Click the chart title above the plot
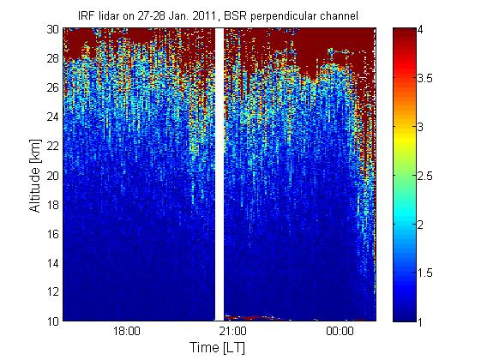click(218, 16)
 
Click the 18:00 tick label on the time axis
click(127, 332)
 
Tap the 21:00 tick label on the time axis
click(233, 332)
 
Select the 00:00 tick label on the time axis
click(340, 332)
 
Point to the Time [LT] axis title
click(218, 348)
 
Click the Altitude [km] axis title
click(35, 176)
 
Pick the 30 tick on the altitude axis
click(53, 29)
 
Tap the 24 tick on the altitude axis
click(53, 117)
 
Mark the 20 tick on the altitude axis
click(53, 176)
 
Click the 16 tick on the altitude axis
click(53, 234)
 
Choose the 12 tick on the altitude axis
click(53, 291)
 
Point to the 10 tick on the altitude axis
click(53, 321)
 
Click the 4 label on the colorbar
click(420, 30)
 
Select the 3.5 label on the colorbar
click(425, 78)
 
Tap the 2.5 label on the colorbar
click(425, 176)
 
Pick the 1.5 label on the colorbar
click(425, 273)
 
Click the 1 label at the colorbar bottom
click(420, 321)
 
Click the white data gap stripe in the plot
click(219, 175)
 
